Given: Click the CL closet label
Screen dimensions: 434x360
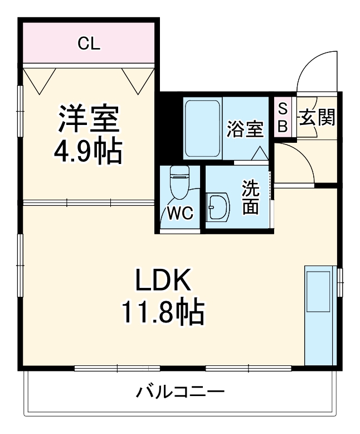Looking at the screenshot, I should pyautogui.click(x=89, y=44).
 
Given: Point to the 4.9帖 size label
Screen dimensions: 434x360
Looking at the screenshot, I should pyautogui.click(x=88, y=150).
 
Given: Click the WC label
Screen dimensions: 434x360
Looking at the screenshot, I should pyautogui.click(x=179, y=213).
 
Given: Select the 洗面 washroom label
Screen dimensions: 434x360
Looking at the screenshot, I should pyautogui.click(x=250, y=197).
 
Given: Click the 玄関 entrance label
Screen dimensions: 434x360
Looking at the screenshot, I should pyautogui.click(x=317, y=117).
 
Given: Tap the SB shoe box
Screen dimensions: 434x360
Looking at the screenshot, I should pyautogui.click(x=283, y=118).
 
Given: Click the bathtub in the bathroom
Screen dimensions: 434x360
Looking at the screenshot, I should pyautogui.click(x=203, y=128).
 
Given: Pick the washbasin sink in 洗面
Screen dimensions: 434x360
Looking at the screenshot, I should pyautogui.click(x=217, y=208).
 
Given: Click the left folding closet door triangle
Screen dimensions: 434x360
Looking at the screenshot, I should pyautogui.click(x=40, y=80).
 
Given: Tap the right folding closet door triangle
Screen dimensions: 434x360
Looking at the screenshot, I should pyautogui.click(x=137, y=80).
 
